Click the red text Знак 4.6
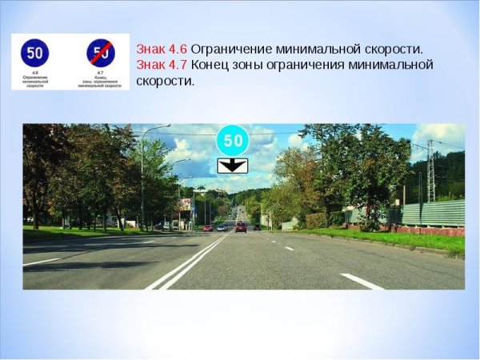pyautogui.click(x=162, y=49)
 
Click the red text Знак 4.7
pyautogui.click(x=162, y=65)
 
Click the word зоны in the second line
pyautogui.click(x=250, y=65)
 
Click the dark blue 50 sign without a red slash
pyautogui.click(x=34, y=54)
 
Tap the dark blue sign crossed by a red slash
pyautogui.click(x=101, y=54)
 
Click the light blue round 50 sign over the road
pyautogui.click(x=233, y=141)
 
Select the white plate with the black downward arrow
pyautogui.click(x=233, y=166)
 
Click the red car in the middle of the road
pyautogui.click(x=241, y=227)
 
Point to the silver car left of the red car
pyautogui.click(x=222, y=227)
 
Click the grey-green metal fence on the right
pyautogui.click(x=431, y=214)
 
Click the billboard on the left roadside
pyautogui.click(x=184, y=204)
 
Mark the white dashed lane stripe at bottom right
pyautogui.click(x=361, y=281)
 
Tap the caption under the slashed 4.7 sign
pyautogui.click(x=101, y=82)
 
